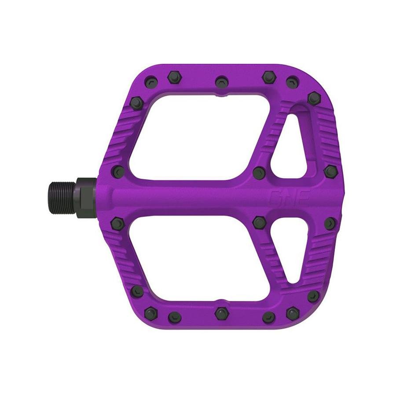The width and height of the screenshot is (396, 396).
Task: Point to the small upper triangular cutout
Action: (289, 145)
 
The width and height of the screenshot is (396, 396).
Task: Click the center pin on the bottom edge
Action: (221, 313)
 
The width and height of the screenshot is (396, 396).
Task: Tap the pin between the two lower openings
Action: (259, 223)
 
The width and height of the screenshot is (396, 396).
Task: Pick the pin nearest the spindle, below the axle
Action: (118, 223)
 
